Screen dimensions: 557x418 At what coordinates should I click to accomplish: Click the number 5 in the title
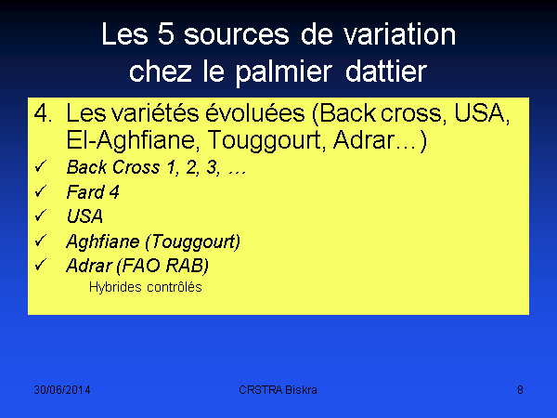pyautogui.click(x=166, y=34)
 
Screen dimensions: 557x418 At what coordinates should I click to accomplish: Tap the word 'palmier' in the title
pyautogui.click(x=284, y=72)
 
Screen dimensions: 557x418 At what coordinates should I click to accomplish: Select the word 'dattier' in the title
pyautogui.click(x=386, y=72)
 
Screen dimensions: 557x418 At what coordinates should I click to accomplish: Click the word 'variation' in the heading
pyautogui.click(x=399, y=34)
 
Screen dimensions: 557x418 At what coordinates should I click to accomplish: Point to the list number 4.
pyautogui.click(x=43, y=113)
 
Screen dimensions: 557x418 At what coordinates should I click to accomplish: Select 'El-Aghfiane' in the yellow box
pyautogui.click(x=131, y=140)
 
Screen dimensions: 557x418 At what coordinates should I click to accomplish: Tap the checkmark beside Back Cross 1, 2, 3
pyautogui.click(x=41, y=166)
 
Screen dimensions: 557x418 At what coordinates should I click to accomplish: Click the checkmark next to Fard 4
pyautogui.click(x=41, y=191)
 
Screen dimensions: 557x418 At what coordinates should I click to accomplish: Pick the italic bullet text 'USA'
pyautogui.click(x=84, y=216)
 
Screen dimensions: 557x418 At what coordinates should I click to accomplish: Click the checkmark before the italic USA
pyautogui.click(x=41, y=216)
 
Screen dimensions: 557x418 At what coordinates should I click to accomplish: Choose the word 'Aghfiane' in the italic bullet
pyautogui.click(x=103, y=242)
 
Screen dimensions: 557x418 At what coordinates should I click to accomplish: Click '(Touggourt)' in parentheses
pyautogui.click(x=193, y=242)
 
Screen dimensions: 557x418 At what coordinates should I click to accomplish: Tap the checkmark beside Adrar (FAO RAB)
pyautogui.click(x=41, y=265)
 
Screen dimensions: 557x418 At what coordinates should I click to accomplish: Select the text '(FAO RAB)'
pyautogui.click(x=162, y=266)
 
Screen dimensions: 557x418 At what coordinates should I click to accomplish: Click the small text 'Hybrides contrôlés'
pyautogui.click(x=146, y=287)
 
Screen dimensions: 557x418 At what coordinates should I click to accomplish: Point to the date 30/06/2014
pyautogui.click(x=62, y=390)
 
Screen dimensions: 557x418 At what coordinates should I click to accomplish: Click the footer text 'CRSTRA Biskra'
pyautogui.click(x=278, y=390)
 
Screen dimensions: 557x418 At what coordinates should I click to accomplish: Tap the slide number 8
pyautogui.click(x=520, y=390)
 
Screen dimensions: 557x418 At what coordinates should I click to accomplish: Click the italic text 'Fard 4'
pyautogui.click(x=93, y=192)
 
